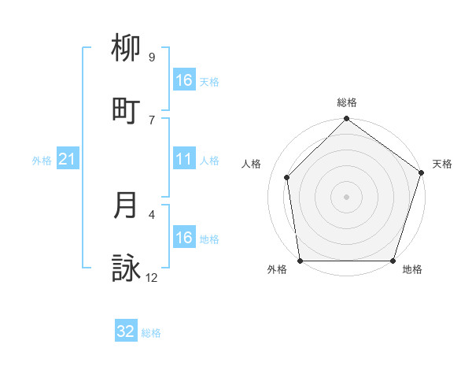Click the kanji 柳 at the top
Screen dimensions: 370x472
(127, 49)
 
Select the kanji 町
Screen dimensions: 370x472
(127, 111)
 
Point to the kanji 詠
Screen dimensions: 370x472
(127, 268)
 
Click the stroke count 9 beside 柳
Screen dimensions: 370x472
(152, 57)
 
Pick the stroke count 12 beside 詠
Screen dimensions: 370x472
(152, 277)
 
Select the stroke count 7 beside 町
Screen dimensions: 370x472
(152, 120)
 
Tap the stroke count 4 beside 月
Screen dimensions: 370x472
(152, 213)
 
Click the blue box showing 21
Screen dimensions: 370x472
(68, 159)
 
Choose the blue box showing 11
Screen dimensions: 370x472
(184, 159)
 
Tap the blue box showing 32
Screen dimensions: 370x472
(126, 331)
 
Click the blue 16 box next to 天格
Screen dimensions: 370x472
(184, 80)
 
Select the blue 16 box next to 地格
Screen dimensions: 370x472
(184, 238)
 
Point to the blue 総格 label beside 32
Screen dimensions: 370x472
(151, 333)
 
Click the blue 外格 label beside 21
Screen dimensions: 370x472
(42, 161)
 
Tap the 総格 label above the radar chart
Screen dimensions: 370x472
(346, 102)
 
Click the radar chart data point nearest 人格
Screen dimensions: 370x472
(287, 178)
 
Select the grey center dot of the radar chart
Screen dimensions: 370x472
(346, 197)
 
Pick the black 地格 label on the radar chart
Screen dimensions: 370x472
(412, 270)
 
